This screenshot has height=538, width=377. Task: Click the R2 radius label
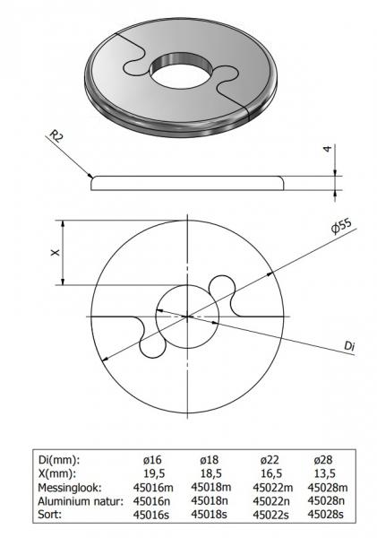click(56, 137)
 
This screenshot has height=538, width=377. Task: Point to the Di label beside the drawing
click(349, 345)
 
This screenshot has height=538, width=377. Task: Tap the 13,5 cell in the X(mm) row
click(321, 473)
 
